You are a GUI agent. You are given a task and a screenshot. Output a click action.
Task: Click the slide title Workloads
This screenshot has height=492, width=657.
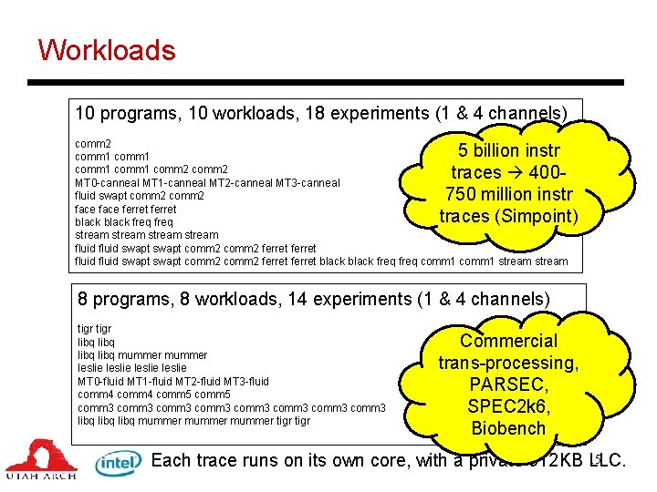(107, 49)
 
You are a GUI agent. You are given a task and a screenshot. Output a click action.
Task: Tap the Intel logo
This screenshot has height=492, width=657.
(119, 463)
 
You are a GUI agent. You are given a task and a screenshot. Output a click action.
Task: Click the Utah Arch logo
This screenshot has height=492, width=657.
(42, 460)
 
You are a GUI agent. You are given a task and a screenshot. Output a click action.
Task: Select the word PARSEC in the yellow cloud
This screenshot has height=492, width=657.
(508, 384)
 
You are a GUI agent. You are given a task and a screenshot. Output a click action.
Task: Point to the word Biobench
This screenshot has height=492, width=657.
(508, 428)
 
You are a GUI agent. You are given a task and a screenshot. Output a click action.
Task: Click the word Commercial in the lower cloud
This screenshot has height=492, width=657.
(508, 341)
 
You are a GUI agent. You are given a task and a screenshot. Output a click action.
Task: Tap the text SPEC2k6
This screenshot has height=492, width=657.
(508, 406)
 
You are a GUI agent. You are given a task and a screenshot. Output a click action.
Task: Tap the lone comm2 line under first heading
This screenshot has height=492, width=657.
(93, 144)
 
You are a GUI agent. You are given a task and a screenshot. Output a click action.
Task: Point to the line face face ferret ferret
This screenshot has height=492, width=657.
(125, 209)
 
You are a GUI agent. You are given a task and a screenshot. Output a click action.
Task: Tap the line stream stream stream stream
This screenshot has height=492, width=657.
(146, 235)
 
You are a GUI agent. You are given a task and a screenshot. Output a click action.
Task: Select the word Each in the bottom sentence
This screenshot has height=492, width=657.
(171, 460)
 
